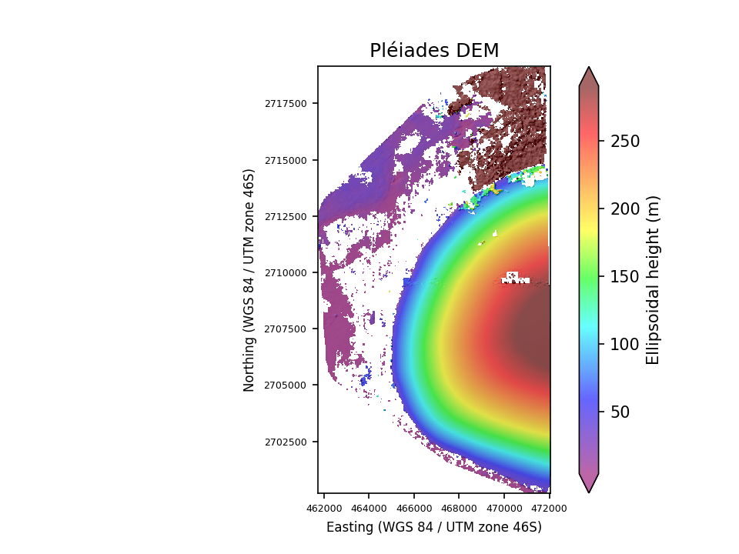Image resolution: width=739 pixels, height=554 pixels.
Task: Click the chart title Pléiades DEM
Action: (x=434, y=51)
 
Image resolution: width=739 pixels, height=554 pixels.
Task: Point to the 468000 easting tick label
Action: (x=459, y=509)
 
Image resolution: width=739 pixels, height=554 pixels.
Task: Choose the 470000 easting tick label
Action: (x=504, y=509)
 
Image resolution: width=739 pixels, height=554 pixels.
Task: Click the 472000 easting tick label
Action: (x=549, y=509)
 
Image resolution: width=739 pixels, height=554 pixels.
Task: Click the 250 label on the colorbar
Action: (x=625, y=142)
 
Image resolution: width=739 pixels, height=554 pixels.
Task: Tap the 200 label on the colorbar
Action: (x=625, y=209)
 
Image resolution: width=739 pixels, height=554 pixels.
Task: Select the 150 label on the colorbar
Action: (x=625, y=277)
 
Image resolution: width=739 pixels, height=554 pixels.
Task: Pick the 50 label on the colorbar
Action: (x=620, y=412)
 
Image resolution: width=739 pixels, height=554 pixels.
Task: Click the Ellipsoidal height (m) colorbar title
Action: (x=654, y=279)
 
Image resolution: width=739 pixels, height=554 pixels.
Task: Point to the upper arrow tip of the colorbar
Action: (x=589, y=67)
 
